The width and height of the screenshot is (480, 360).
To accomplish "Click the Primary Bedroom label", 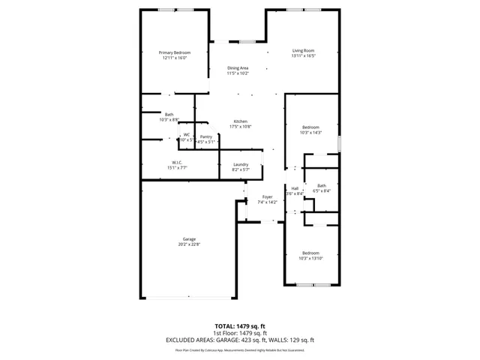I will (174, 52).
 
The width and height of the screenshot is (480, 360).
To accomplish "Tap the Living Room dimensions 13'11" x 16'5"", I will (303, 55).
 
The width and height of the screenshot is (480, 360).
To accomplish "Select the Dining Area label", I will (238, 68).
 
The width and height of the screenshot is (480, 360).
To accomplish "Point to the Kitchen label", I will (240, 121).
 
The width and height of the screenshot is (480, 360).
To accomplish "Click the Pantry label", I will (205, 136).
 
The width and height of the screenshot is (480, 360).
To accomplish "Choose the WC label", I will (186, 135).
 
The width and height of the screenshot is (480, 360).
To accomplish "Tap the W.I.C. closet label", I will (178, 162).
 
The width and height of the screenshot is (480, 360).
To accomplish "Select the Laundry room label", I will (241, 164).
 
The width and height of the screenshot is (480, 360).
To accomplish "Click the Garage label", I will (188, 238).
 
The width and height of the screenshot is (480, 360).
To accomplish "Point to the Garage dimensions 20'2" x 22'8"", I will (188, 244).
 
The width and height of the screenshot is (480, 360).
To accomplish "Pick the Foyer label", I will (267, 196).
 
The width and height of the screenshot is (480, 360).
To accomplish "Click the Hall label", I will (295, 187).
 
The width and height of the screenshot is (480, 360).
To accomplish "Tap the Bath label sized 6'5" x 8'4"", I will (322, 185).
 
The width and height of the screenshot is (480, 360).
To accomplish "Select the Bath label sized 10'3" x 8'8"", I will (169, 114).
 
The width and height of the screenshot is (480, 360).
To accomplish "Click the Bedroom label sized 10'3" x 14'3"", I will (310, 127).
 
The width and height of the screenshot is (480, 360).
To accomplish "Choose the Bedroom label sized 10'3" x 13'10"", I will (310, 253).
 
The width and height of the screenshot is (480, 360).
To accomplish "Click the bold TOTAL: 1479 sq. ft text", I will (240, 326).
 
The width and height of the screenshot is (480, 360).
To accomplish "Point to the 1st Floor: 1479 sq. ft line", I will (240, 332).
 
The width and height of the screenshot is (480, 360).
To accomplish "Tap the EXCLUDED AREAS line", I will (240, 339).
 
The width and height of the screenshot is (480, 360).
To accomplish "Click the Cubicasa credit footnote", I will (240, 349).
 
